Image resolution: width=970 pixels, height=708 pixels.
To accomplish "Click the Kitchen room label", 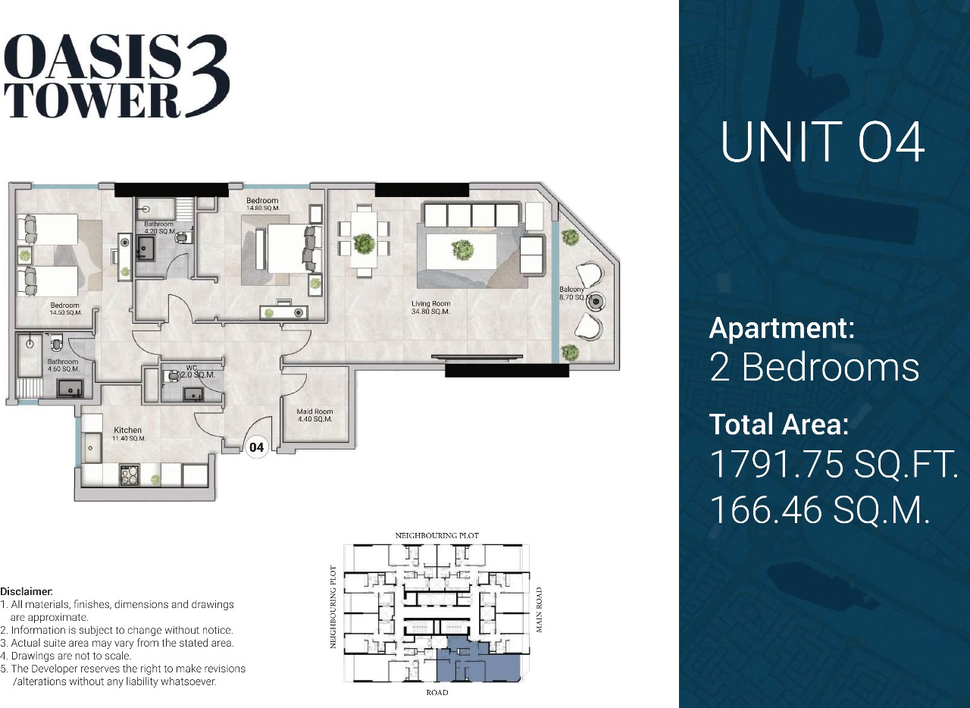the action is pos(129,434).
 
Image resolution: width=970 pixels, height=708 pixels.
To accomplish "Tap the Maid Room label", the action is pos(314,415).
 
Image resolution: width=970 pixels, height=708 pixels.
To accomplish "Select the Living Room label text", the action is pos(431,307).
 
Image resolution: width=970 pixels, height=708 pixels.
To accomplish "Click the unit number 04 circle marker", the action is pos(257,447).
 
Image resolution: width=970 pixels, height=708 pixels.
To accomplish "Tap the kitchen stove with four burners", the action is pos(130,475).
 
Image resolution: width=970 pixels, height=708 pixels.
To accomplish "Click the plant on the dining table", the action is pos(364,244).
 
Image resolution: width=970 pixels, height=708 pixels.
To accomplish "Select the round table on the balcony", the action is pos(596,301).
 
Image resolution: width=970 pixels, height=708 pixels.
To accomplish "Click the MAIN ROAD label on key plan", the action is pos(539,609).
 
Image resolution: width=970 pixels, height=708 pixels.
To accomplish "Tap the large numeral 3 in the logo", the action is pos(207,75).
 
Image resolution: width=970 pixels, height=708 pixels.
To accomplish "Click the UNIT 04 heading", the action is pos(822,142).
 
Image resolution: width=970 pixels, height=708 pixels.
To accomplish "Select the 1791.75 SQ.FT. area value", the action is pos(834,464).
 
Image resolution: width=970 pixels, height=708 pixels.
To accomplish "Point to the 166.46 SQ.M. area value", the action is pos(820,510).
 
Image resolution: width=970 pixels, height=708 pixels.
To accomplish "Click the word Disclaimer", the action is pos(27,591).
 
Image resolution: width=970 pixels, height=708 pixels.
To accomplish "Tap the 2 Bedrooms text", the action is pos(814,367).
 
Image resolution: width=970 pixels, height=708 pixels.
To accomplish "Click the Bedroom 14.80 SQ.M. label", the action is pos(262,204).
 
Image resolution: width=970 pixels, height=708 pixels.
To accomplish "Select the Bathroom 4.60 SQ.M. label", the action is pos(63,365).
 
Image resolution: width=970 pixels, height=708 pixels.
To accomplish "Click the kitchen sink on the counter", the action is pos(92,448).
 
